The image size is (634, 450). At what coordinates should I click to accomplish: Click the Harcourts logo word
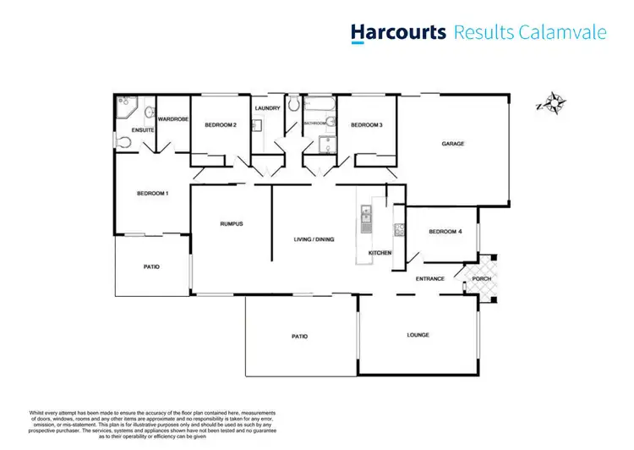coord(398,33)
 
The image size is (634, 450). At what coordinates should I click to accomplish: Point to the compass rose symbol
coord(554,105)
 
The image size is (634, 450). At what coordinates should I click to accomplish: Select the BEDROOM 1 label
coord(153,194)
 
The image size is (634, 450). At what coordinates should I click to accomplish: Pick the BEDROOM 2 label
coord(219,125)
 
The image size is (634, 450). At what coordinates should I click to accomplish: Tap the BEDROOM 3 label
coord(367,125)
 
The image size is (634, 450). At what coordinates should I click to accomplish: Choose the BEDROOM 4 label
coord(445,232)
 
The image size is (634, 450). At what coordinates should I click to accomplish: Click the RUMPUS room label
coord(232,223)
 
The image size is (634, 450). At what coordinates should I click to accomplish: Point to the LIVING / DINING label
coord(314,239)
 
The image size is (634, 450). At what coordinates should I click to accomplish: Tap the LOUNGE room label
coord(418,335)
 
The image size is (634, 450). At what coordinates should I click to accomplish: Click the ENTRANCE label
coord(429,278)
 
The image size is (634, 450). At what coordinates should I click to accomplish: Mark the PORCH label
coord(482,278)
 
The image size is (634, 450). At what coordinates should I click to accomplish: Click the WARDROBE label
coord(172,119)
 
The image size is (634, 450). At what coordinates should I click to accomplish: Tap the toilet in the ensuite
coord(123,142)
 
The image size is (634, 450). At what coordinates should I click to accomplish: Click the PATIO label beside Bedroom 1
coord(151,267)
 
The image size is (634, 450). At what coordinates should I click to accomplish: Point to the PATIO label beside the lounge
coord(299,337)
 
